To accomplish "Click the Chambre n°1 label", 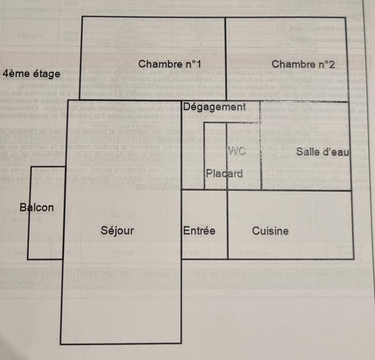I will pos(170,64).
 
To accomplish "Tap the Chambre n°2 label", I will pos(302,64).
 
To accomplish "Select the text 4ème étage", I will pos(31,73).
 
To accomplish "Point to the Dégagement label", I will pos(214,107).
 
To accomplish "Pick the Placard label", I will pos(225,174).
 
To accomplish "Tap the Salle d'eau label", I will pos(322,152).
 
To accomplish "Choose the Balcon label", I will pos(37,207).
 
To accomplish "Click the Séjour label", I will pos(118,230).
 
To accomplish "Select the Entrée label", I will pos(199,231).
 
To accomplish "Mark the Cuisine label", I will pos(270,231).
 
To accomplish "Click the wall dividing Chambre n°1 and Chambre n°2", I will pos(226,59).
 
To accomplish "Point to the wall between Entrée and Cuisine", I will pos(228,225).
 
